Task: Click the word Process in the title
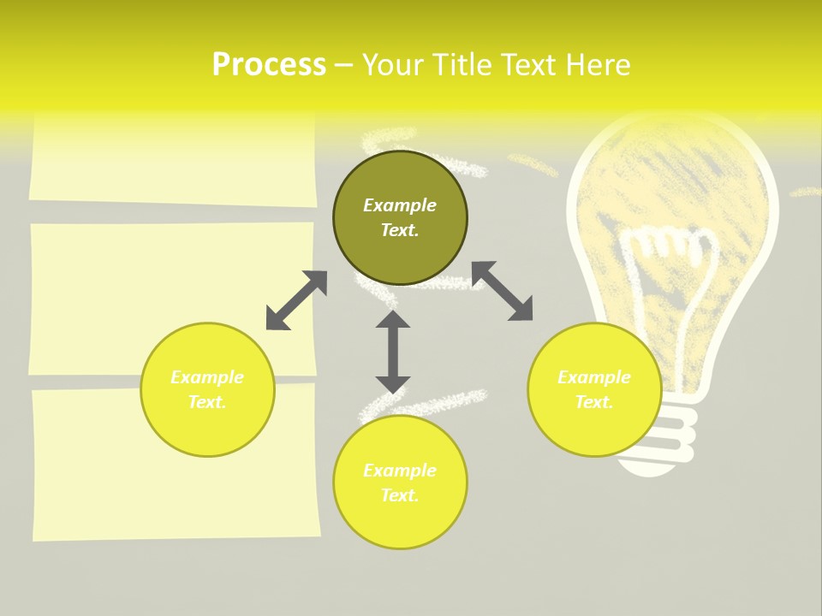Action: tap(269, 65)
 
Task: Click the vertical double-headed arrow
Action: tap(393, 352)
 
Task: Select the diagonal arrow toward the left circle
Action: tap(296, 299)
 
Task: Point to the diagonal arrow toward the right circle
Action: tap(503, 291)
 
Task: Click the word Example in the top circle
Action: tap(400, 205)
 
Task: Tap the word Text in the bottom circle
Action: tap(400, 495)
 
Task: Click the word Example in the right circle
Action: tap(594, 377)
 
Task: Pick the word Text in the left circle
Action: tap(207, 402)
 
